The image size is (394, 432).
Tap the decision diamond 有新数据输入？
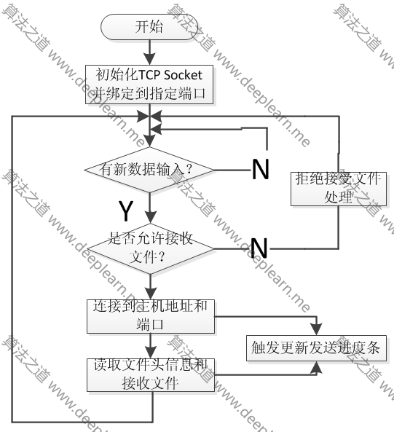(149, 170)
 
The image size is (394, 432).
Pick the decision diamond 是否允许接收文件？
(149, 248)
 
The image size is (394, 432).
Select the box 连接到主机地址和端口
(149, 316)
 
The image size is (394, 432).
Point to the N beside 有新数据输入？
(260, 170)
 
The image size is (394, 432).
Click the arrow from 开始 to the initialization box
(149, 52)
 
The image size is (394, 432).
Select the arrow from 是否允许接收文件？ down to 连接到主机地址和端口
(149, 285)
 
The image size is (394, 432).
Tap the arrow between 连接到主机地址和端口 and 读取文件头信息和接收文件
(149, 345)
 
